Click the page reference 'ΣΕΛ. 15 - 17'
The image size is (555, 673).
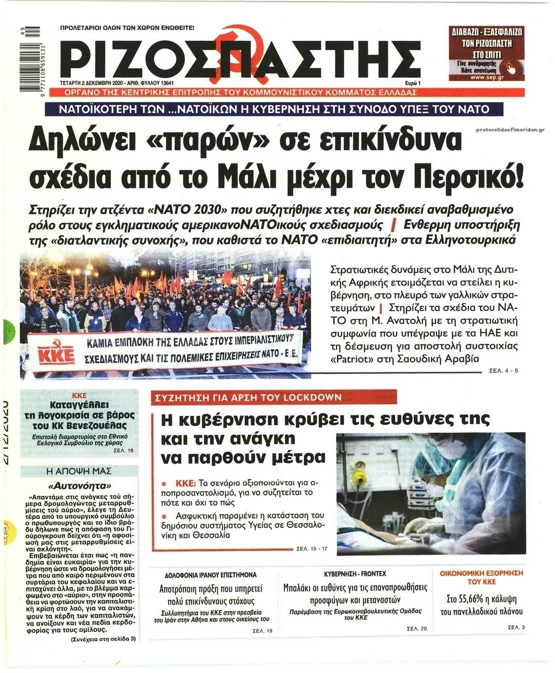click(x=312, y=549)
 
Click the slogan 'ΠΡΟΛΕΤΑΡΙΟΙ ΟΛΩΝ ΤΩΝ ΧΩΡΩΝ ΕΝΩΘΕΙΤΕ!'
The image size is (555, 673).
click(x=128, y=27)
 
